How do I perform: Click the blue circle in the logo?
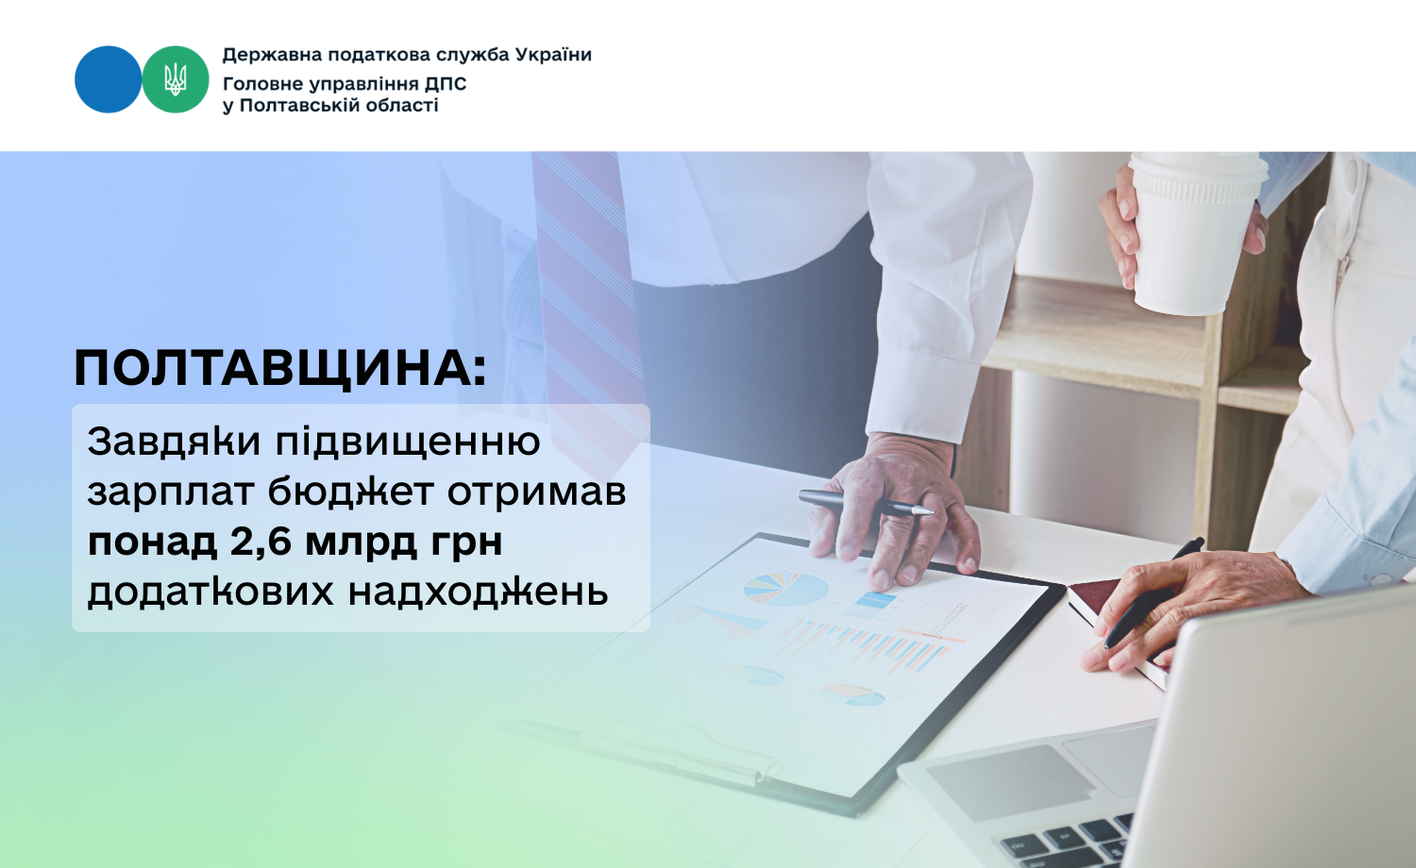pyautogui.click(x=109, y=79)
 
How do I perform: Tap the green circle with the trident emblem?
pyautogui.click(x=175, y=79)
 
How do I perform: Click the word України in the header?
pyautogui.click(x=553, y=55)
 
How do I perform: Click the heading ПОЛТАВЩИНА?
pyautogui.click(x=280, y=368)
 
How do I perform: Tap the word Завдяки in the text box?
pyautogui.click(x=174, y=442)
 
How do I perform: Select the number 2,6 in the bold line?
pyautogui.click(x=261, y=542)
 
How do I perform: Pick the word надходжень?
pyautogui.click(x=478, y=593)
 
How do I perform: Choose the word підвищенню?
pyautogui.click(x=408, y=442)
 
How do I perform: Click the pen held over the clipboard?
pyautogui.click(x=866, y=503)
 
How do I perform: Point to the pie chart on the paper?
pyautogui.click(x=785, y=590)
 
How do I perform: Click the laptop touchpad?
pyautogui.click(x=1010, y=782)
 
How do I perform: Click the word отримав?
pyautogui.click(x=537, y=493)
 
